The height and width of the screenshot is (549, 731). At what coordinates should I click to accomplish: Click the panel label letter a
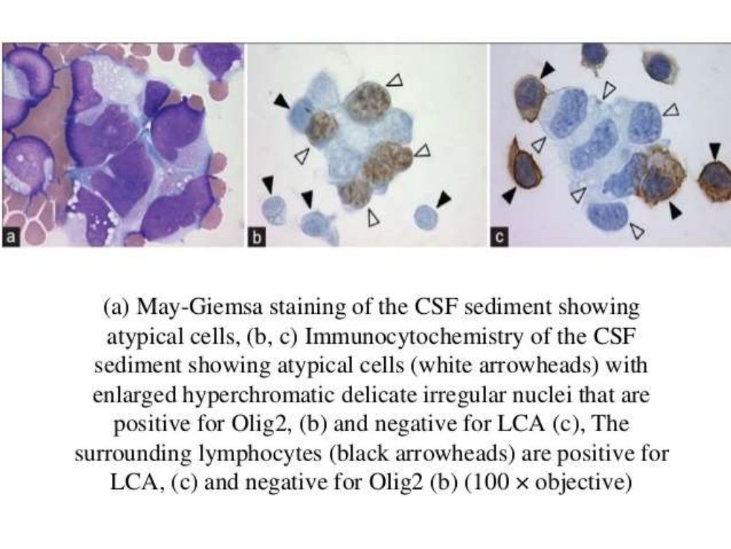click(10, 239)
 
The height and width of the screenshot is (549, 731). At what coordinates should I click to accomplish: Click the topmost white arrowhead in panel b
click(394, 81)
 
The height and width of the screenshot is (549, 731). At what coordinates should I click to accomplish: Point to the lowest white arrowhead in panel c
click(637, 230)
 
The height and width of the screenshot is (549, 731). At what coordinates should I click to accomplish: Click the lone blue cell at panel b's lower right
click(425, 216)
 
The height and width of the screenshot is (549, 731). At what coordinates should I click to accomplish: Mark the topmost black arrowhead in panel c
click(546, 69)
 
